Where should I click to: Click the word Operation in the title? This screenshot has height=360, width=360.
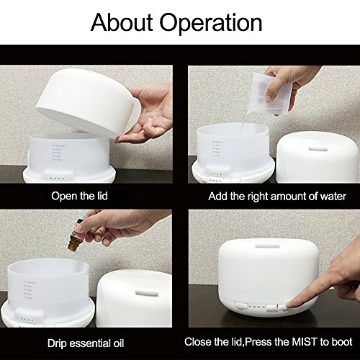[x=211, y=24]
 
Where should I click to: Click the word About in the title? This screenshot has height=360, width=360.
[x=122, y=22]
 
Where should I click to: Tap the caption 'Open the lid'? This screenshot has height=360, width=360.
[x=79, y=196]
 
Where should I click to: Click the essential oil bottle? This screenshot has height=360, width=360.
[x=74, y=235]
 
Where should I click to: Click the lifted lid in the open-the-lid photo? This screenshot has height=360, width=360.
[x=89, y=101]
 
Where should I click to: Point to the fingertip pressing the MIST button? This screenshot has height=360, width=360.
[x=289, y=305]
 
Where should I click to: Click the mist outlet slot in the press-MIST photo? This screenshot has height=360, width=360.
[x=268, y=246]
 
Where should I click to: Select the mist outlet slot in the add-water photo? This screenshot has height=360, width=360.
[x=318, y=149]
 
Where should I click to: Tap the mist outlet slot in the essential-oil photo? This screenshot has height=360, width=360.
[x=147, y=293]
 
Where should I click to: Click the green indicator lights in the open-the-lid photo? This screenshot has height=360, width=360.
[x=57, y=179]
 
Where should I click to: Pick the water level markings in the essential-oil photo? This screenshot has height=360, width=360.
[x=30, y=290]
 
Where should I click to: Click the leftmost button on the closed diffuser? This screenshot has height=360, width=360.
[x=241, y=306]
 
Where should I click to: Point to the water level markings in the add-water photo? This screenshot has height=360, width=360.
[x=218, y=149]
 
